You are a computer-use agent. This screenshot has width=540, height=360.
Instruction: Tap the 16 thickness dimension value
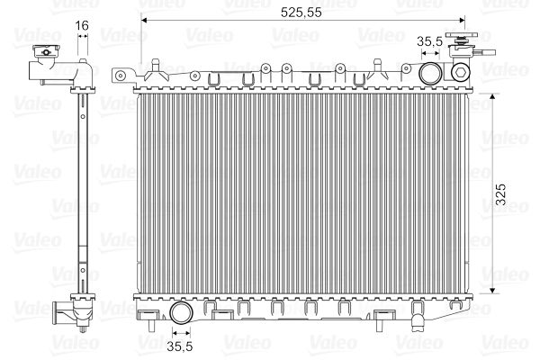pos(82,27)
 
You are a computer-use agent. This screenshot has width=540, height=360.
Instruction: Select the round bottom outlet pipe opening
pos(182,314)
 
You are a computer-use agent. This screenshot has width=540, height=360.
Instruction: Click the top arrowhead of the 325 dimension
pos(494,96)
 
